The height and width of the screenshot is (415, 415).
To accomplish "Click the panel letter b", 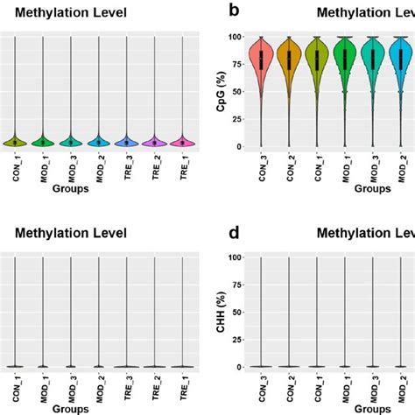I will (234, 12).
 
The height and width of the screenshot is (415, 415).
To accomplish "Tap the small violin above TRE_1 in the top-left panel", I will (183, 141).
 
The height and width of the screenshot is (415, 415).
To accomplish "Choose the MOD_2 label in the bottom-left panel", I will (99, 386).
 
